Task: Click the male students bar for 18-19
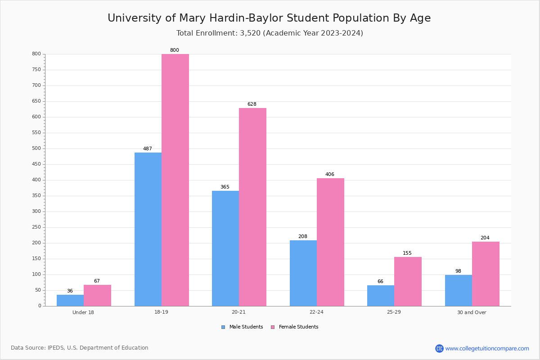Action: tap(148, 229)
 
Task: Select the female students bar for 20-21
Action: tap(252, 207)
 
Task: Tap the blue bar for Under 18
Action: tap(70, 300)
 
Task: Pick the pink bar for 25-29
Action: tap(408, 281)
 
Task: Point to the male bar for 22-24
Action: tap(303, 273)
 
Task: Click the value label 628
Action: tap(252, 104)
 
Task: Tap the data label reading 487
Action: tap(148, 149)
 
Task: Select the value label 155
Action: tap(407, 253)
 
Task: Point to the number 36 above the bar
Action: tap(70, 291)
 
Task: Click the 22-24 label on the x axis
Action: tap(316, 312)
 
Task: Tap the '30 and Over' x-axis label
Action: tap(472, 312)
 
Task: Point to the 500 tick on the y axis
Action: tap(36, 148)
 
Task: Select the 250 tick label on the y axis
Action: tap(36, 227)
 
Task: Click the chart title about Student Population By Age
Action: tap(269, 18)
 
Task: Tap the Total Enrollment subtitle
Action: tap(270, 33)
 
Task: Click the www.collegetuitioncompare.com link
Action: tap(487, 348)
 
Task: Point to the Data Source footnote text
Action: tap(80, 348)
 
